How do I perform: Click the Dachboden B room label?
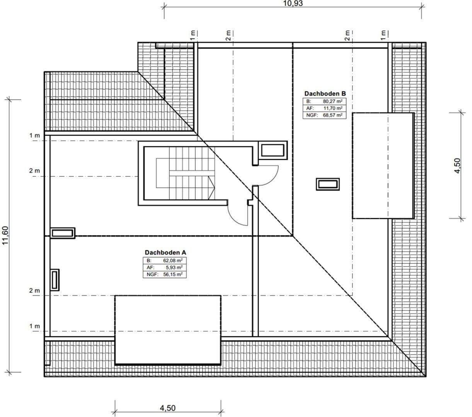coord(324,93)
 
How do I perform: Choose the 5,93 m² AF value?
coord(174,267)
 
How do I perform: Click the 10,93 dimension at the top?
coord(293,4)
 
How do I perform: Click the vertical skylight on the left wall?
coord(55,280)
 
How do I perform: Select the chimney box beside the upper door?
coord(274,150)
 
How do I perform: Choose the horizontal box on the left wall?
coord(63,233)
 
